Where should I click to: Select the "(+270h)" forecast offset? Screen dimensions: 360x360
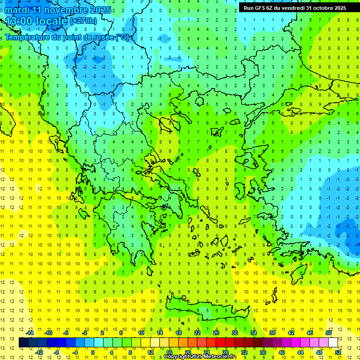pos(83,21)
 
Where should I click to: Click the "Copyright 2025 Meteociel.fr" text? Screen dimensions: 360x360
pos(200,357)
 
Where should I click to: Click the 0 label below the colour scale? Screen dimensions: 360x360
pos(92,352)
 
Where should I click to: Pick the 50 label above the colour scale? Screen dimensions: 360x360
pos(329,333)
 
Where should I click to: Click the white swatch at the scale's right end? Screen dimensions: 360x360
pos(333,343)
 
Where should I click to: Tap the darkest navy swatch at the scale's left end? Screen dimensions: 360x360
pos(23,343)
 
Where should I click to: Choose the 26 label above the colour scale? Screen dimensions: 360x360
pos(216,333)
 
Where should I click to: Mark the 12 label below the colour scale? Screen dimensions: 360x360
pos(150,352)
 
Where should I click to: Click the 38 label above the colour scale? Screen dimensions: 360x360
pos(272,333)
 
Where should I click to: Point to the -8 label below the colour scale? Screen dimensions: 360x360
pos(57,352)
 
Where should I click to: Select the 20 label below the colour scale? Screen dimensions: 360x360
pos(188,352)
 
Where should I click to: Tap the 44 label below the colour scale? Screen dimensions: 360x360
pos(300,352)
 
